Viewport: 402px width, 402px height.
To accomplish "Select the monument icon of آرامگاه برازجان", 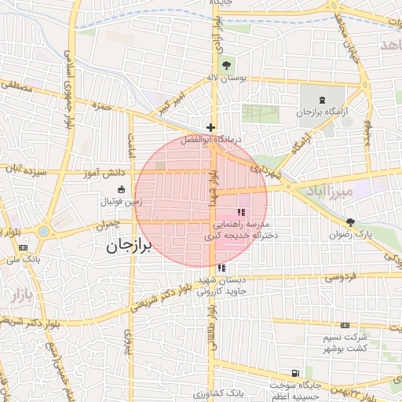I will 322,100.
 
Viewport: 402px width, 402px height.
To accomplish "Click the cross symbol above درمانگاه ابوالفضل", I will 210,127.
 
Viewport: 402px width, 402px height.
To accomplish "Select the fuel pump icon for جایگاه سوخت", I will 294,373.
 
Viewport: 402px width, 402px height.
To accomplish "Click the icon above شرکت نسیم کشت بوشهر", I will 345,325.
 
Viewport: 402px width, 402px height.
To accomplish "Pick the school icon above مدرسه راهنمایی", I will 241,212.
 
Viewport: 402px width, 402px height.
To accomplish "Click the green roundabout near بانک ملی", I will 43,231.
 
